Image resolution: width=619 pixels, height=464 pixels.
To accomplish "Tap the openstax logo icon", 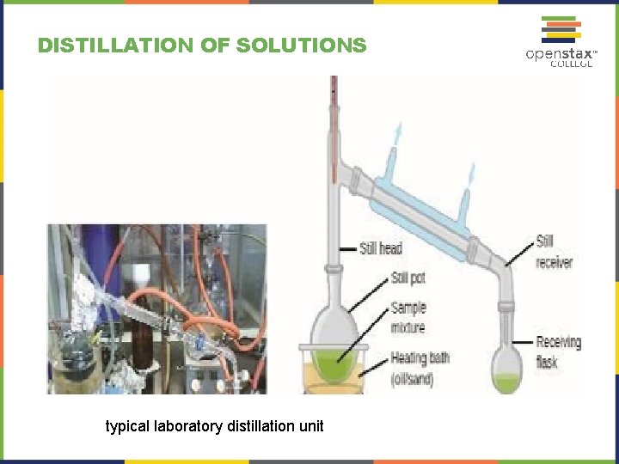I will click(x=559, y=29).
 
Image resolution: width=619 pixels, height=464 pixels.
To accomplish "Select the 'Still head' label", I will click(x=381, y=249).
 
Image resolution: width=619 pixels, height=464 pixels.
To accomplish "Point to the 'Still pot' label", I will click(x=408, y=278).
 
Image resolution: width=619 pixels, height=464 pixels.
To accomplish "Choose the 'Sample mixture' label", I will click(x=408, y=317).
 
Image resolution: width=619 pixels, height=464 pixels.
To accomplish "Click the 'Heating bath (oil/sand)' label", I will click(x=419, y=368).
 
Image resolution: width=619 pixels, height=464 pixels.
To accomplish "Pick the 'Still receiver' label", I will click(x=554, y=252).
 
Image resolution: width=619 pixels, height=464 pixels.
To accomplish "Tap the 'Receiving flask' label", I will click(x=558, y=351).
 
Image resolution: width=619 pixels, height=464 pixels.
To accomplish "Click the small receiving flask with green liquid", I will click(x=506, y=370).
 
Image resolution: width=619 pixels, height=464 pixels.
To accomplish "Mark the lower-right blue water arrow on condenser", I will click(x=470, y=176).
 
